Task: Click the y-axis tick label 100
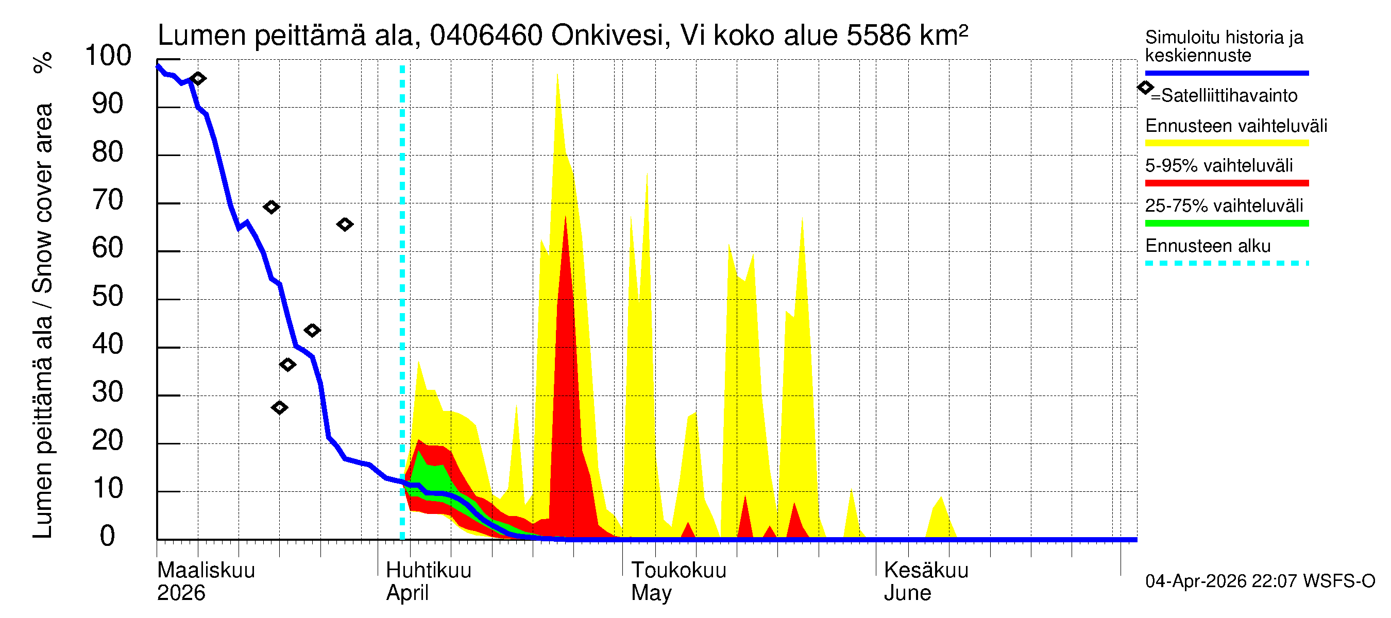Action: coord(108,56)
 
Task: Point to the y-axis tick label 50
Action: coord(108,297)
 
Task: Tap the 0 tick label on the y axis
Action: coord(108,537)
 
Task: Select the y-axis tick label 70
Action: coord(108,201)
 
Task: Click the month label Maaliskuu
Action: coord(206,571)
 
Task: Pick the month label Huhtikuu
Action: coord(429,571)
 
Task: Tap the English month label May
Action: coord(651,593)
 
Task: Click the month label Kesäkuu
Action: coord(926,571)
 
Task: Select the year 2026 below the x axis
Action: coord(181,593)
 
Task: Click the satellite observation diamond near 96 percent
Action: coord(198,79)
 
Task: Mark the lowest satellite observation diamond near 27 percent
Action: coord(279,407)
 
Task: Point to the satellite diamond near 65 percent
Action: coord(345,225)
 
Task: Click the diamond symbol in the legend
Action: coord(1145,88)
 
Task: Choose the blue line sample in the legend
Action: coord(1226,73)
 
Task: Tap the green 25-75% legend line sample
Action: coord(1226,224)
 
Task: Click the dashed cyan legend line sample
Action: coord(1226,263)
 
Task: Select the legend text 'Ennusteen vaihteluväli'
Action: coord(1235,126)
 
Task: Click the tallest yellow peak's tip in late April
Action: coord(557,74)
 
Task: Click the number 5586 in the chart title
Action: coord(878,36)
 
